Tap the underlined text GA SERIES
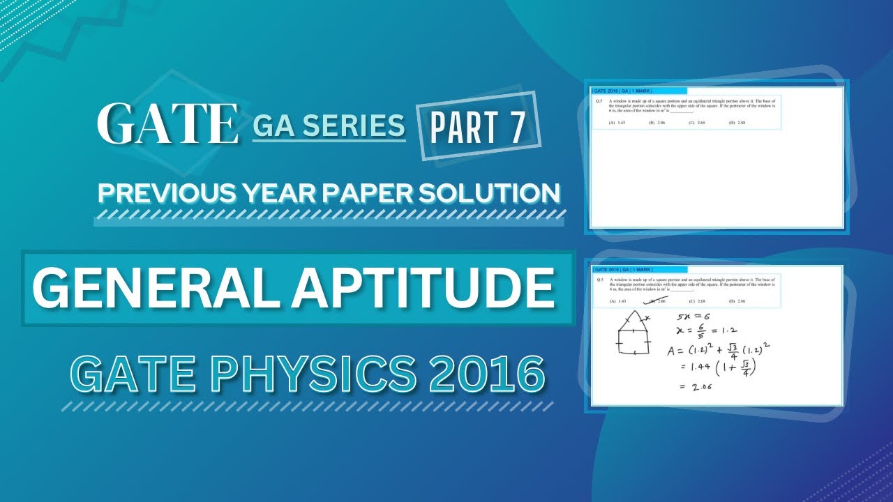pos(329,126)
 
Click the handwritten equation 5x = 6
pos(690,317)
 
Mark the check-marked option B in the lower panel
pos(656,301)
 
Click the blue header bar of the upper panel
pos(639,91)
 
